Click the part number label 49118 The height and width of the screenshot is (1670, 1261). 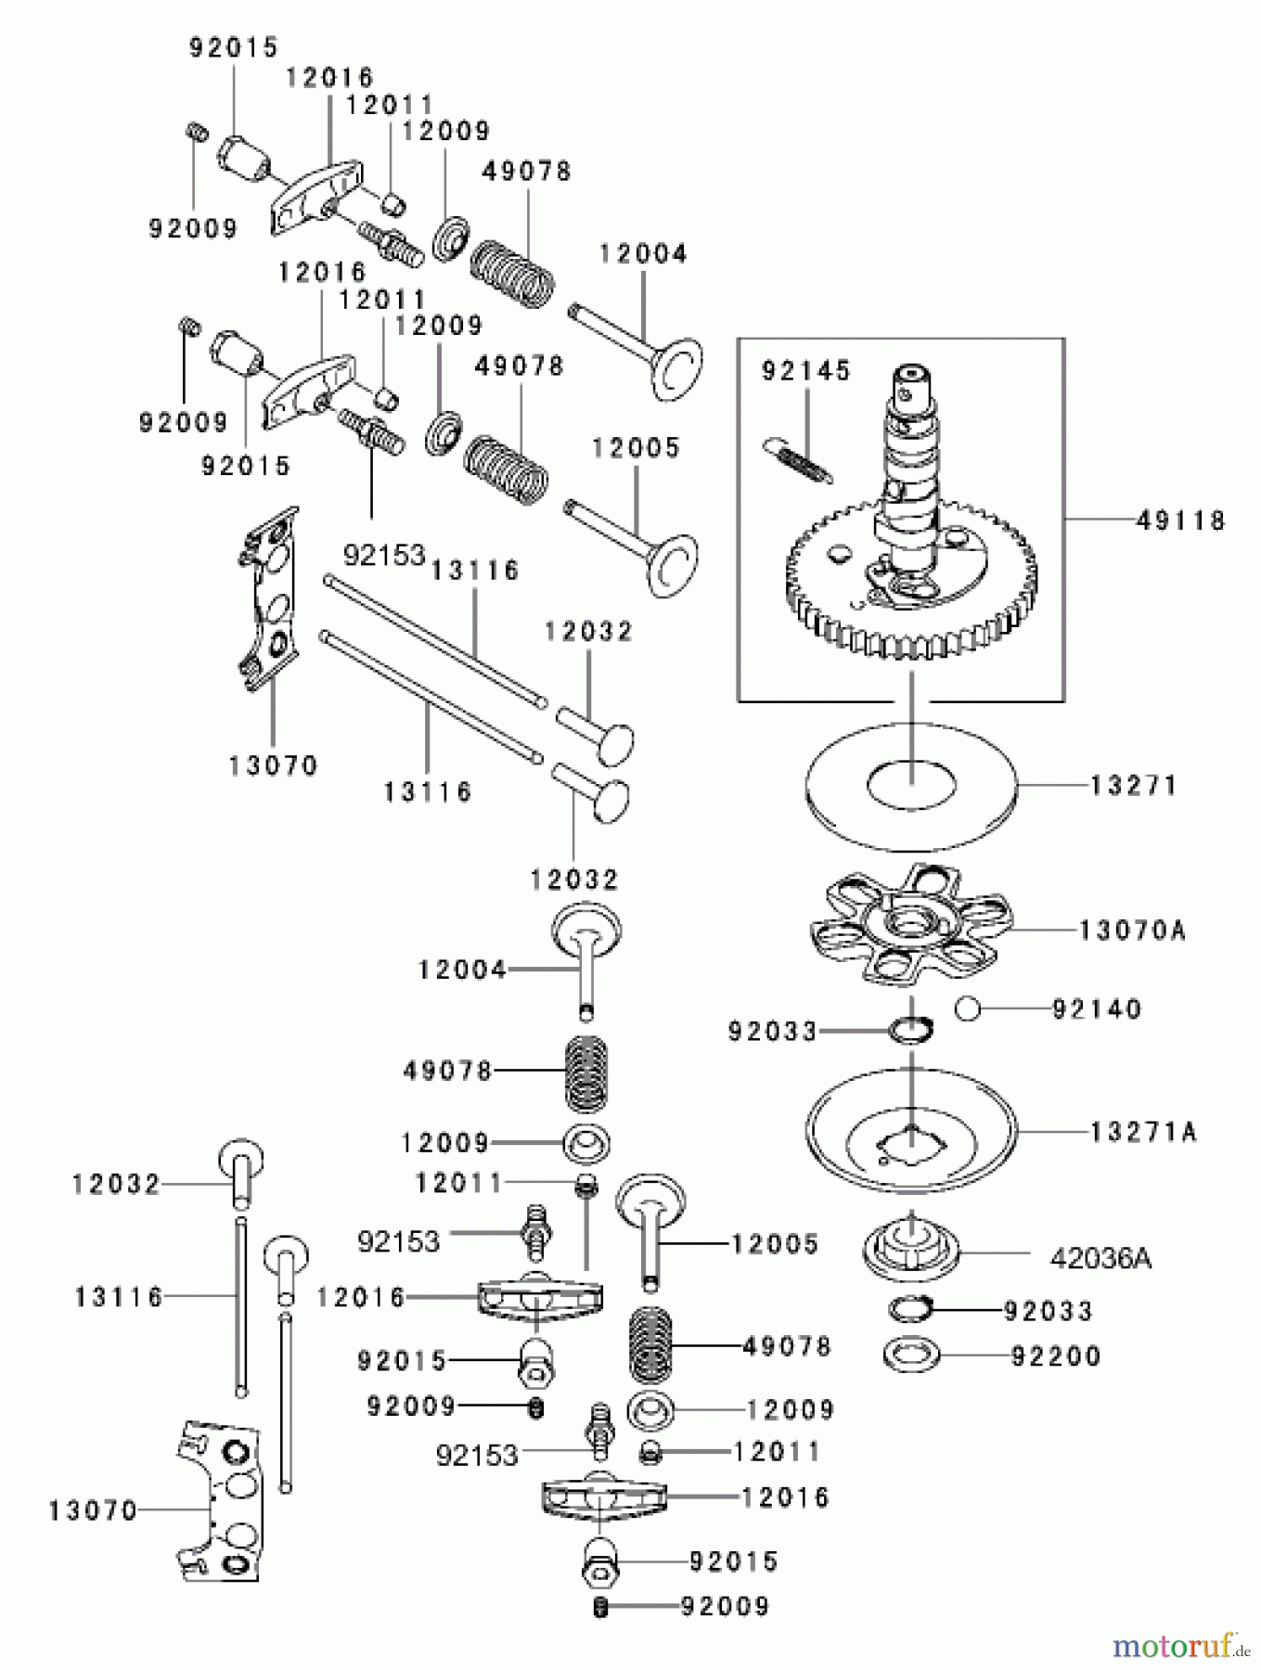coord(1180,520)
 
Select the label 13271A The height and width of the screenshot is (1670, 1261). coord(1142,1132)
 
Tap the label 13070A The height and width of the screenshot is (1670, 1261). coord(1132,930)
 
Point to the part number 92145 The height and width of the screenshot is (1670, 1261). coord(805,371)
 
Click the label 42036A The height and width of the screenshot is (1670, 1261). coord(1100,1258)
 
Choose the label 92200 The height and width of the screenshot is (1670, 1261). coord(1055,1356)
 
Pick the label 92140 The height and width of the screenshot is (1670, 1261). coord(1096,1008)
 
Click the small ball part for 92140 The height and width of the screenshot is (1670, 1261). coord(969,1008)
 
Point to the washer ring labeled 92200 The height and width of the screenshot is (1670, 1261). coord(911,1355)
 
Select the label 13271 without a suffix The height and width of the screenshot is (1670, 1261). coord(1133,786)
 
